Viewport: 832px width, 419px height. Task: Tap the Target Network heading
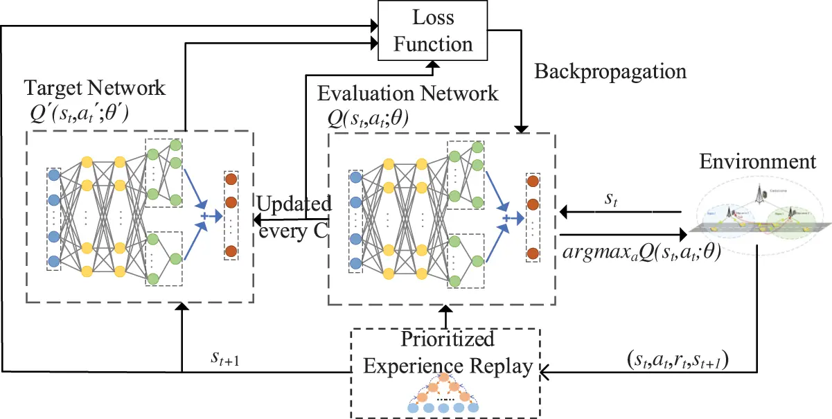pyautogui.click(x=95, y=88)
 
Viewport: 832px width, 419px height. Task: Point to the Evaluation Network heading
pyautogui.click(x=407, y=93)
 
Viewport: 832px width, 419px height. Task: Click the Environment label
pyautogui.click(x=758, y=162)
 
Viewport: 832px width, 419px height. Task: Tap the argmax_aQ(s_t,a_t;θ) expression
pyautogui.click(x=641, y=253)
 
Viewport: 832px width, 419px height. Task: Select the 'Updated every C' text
pyautogui.click(x=293, y=218)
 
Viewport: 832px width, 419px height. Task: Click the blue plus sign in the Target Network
pyautogui.click(x=204, y=216)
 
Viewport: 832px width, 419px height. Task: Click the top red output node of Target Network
pyautogui.click(x=231, y=179)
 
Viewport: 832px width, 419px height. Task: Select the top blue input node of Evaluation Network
pyautogui.click(x=355, y=178)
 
